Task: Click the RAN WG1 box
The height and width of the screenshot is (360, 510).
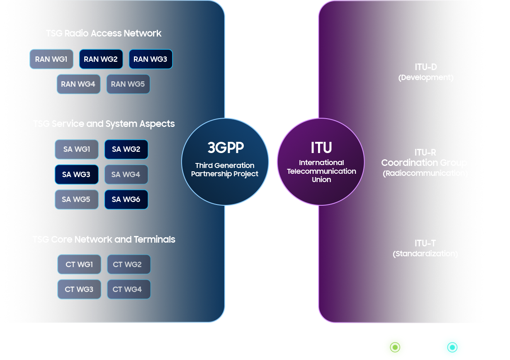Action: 51,59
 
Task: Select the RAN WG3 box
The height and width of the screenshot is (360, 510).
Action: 151,59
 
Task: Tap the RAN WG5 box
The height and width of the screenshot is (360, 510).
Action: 128,84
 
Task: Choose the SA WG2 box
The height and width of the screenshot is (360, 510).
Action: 126,149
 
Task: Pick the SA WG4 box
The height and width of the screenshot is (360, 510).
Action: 126,175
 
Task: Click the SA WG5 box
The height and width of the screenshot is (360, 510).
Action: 76,199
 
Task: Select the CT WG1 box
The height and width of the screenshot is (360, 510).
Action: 79,264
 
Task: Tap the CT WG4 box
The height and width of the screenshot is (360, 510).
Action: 129,289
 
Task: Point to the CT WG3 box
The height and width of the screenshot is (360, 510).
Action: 79,289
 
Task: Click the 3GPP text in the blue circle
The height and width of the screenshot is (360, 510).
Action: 226,148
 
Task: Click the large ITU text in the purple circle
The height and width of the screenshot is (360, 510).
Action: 321,147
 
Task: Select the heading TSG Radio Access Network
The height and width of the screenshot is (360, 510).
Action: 104,33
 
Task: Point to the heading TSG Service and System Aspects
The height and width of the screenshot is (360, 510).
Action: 104,124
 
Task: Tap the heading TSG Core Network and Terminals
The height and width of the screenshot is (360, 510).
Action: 104,239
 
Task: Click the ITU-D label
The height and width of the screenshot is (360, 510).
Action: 426,67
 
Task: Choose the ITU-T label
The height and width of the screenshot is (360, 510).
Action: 425,243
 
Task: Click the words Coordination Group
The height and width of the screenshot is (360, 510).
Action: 424,163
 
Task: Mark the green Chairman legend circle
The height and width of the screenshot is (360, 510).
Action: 394,347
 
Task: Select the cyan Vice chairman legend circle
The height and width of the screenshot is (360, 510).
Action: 452,347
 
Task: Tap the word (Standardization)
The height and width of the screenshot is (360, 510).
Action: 425,253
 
